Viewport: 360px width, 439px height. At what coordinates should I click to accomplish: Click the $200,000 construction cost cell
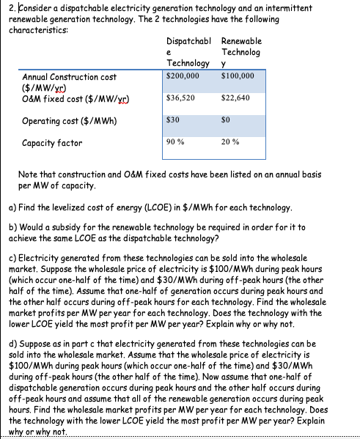tap(183, 75)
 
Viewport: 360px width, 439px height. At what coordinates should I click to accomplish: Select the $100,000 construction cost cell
tap(237, 75)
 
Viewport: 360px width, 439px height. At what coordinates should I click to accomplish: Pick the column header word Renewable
tap(240, 42)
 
